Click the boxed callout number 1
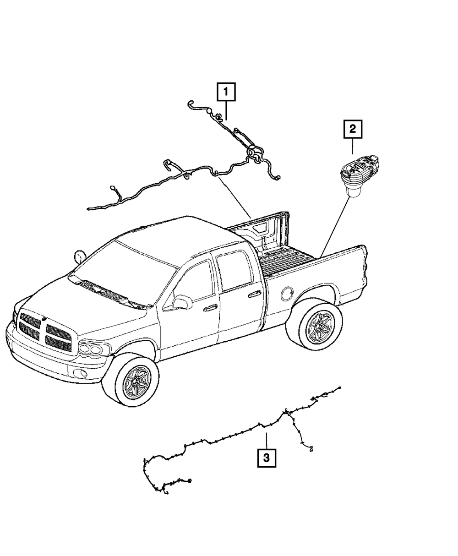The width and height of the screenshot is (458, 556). (226, 92)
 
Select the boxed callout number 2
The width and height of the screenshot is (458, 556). (353, 130)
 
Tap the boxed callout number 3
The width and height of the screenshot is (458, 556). (267, 457)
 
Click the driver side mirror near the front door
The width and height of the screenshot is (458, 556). (182, 302)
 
